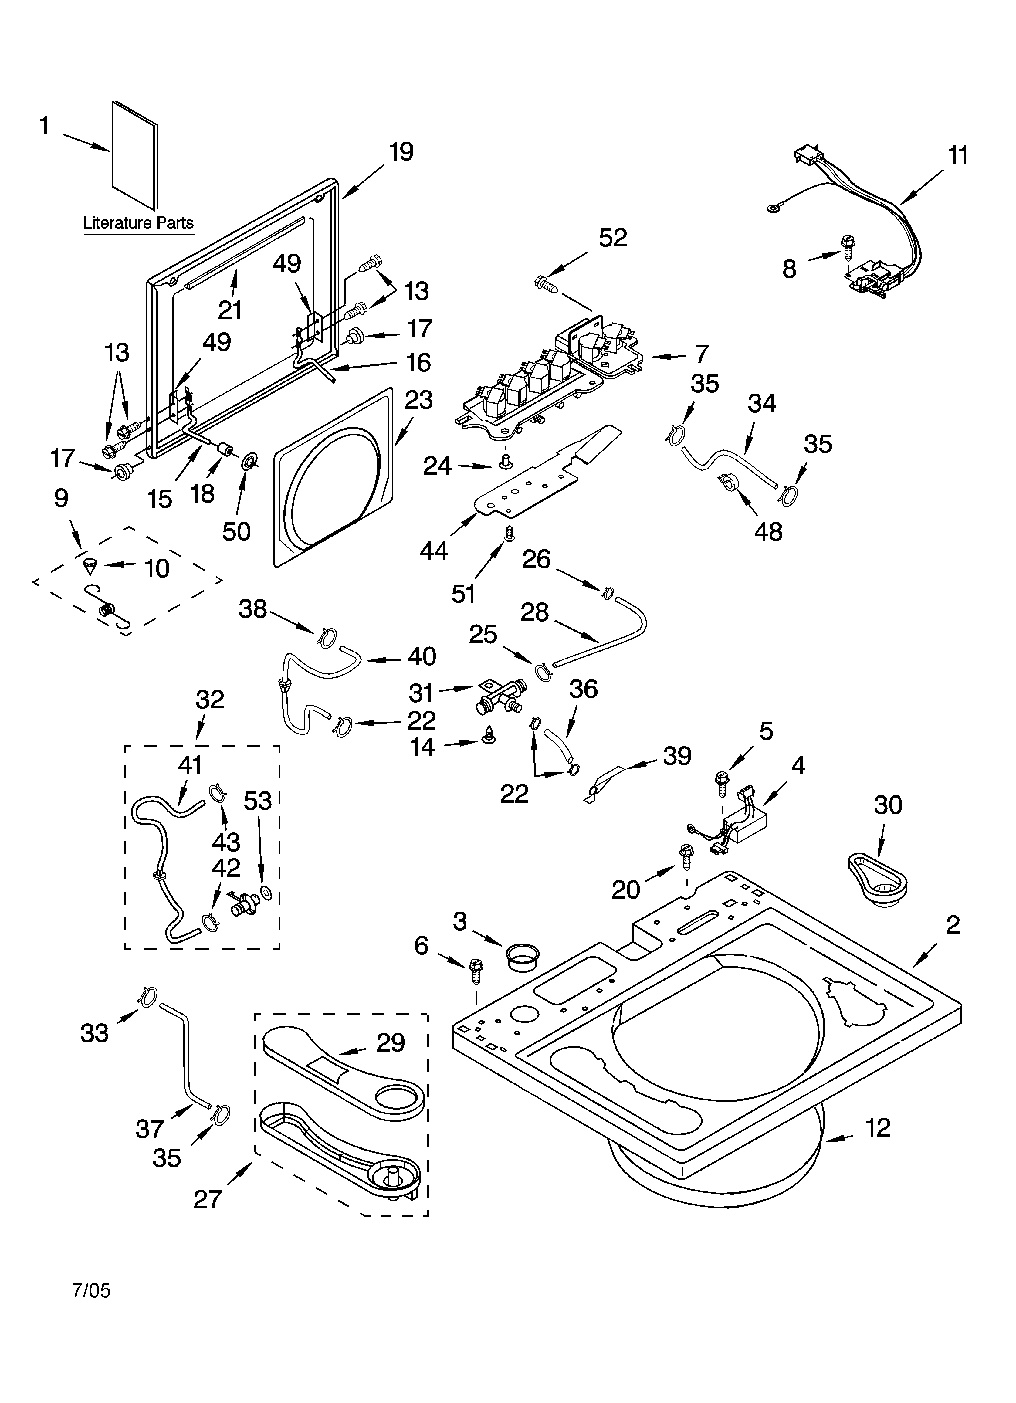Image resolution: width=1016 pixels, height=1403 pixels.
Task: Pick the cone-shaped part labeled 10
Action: tap(91, 565)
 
